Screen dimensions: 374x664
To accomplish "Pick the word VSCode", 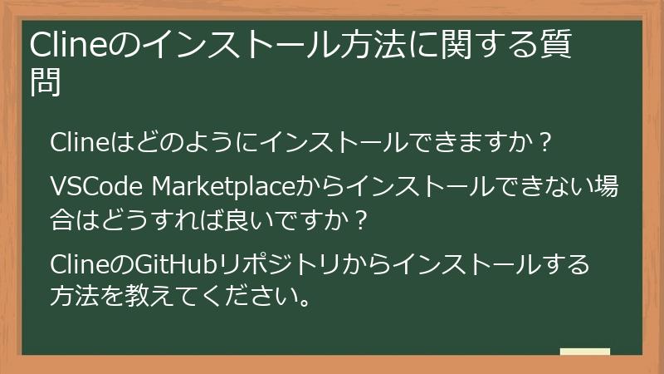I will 96,185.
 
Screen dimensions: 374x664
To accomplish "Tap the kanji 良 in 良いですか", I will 230,220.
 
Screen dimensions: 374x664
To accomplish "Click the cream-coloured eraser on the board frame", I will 585,352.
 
